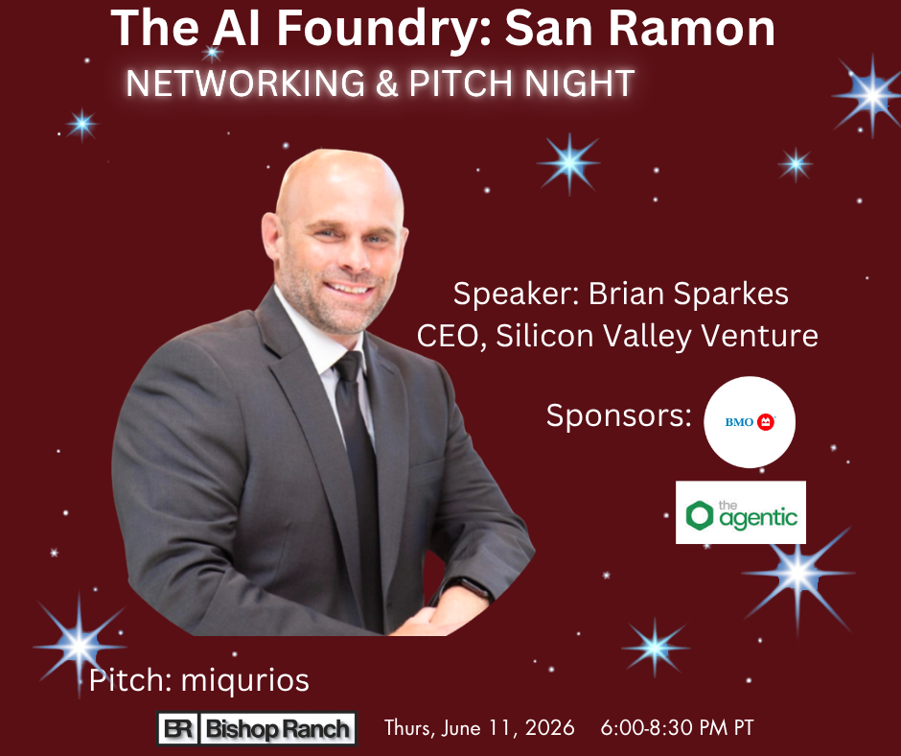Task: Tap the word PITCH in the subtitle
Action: (x=460, y=83)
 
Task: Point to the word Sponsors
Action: (x=618, y=414)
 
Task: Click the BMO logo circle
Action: (x=750, y=422)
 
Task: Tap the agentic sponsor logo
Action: (x=741, y=512)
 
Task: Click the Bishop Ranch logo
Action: (x=256, y=728)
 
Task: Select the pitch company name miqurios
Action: (x=245, y=680)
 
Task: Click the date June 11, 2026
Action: (x=508, y=728)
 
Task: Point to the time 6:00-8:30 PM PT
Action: (x=677, y=728)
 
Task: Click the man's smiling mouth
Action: (x=349, y=287)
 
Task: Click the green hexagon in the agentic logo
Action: (x=700, y=514)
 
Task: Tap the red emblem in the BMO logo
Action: (x=766, y=422)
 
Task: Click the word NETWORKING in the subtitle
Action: (x=245, y=83)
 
